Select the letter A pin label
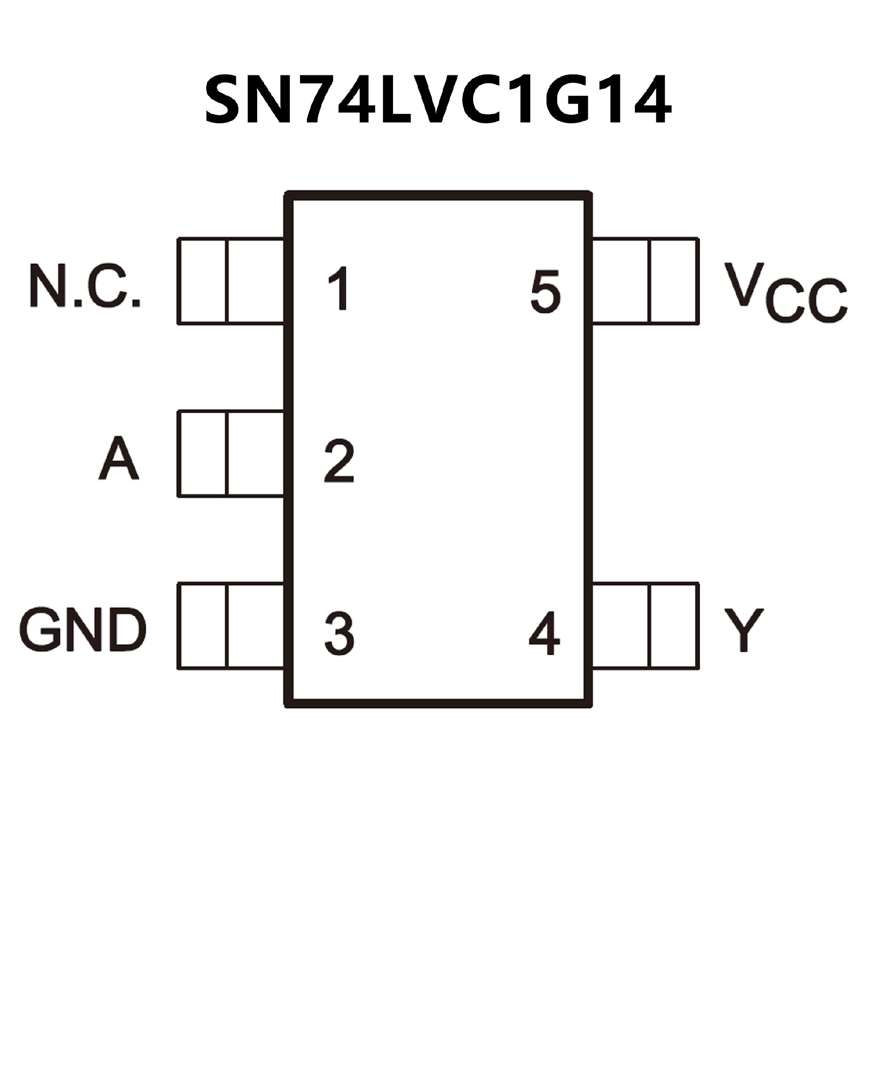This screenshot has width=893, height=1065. [x=118, y=458]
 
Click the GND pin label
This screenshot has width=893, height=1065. [x=83, y=630]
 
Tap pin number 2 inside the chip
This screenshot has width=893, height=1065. [x=339, y=461]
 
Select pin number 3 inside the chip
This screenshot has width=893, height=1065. [x=339, y=634]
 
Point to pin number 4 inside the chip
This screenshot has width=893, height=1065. [x=545, y=634]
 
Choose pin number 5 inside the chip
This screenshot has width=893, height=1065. [x=546, y=291]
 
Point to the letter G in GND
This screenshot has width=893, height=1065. [x=39, y=630]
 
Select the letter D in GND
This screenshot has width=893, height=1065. [x=127, y=630]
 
